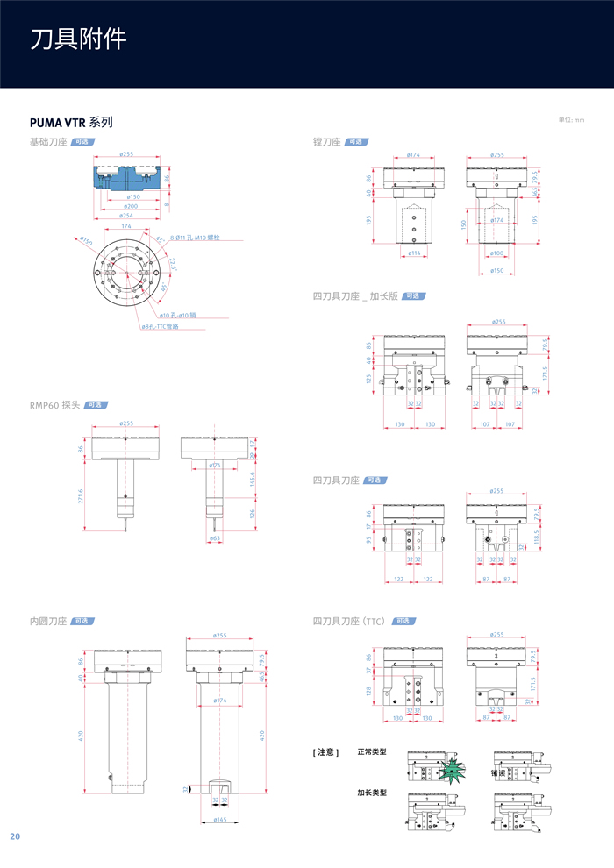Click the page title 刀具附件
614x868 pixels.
(x=79, y=39)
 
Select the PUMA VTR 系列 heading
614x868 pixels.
(x=71, y=122)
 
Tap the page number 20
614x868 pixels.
(x=15, y=836)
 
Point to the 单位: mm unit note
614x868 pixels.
(x=571, y=119)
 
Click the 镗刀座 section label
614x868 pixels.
(x=326, y=141)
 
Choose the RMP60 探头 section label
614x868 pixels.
(x=54, y=405)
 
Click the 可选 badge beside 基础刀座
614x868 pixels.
(x=82, y=141)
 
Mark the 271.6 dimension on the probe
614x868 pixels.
(x=82, y=495)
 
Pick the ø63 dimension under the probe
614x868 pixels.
(x=215, y=537)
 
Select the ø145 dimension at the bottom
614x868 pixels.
(x=219, y=820)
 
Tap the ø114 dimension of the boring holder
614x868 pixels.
(x=413, y=253)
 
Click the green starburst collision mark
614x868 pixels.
(x=453, y=770)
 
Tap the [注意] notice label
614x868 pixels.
(x=325, y=752)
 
